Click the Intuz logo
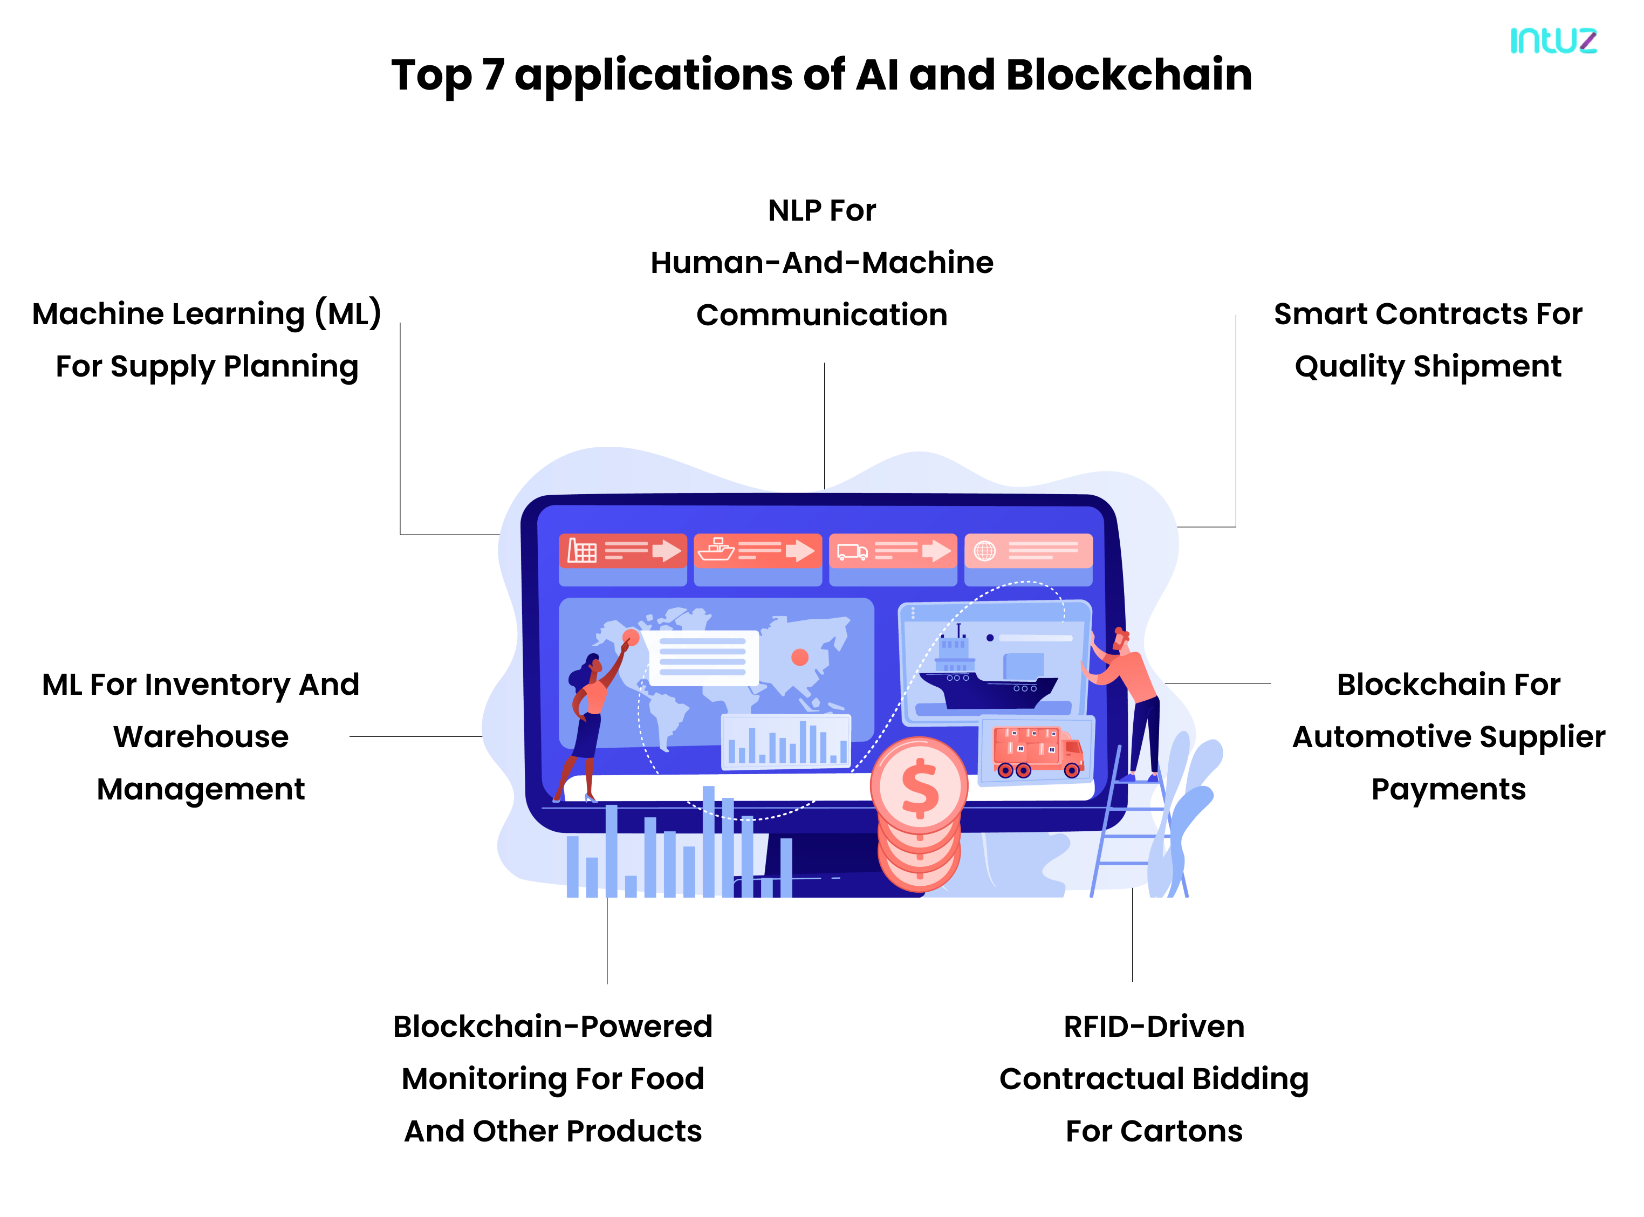coord(1553,40)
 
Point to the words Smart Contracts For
coord(1428,314)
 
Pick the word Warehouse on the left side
coord(200,737)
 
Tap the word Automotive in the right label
coord(1380,737)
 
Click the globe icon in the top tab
coord(985,550)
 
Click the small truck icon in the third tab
coord(852,551)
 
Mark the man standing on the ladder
coord(1131,700)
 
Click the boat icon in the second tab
coord(715,550)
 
